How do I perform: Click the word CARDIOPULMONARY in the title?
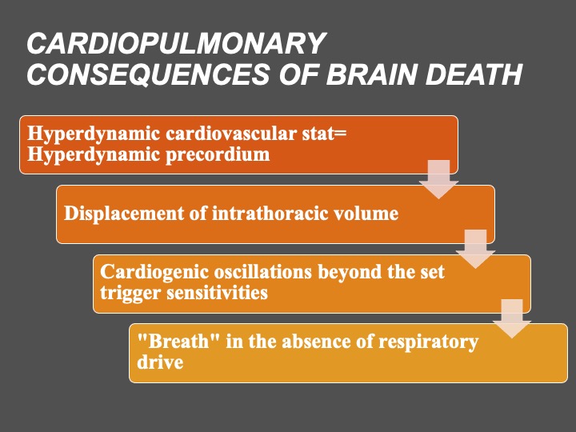(176, 45)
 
